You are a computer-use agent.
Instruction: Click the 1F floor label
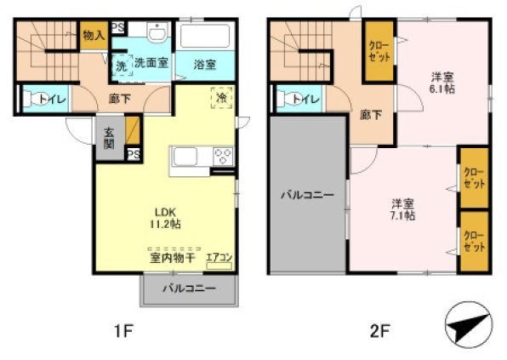click(x=124, y=329)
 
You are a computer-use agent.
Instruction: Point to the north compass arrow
click(x=469, y=324)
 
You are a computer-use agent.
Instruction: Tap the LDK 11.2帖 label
click(x=166, y=218)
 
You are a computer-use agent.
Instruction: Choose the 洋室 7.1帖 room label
click(x=402, y=209)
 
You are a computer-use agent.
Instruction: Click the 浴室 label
click(x=203, y=65)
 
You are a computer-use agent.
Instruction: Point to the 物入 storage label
click(x=94, y=35)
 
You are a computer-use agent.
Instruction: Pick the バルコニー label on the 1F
click(x=189, y=289)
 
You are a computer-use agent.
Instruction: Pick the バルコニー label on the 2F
click(x=307, y=195)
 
